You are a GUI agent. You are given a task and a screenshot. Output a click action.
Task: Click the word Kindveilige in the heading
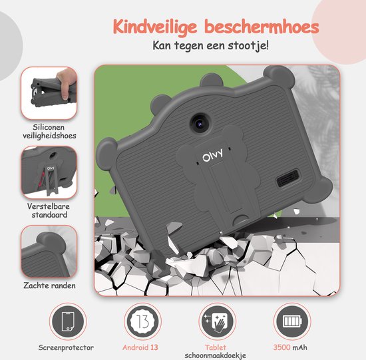pyautogui.click(x=155, y=27)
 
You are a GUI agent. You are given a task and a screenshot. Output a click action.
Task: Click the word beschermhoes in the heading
pyautogui.click(x=262, y=26)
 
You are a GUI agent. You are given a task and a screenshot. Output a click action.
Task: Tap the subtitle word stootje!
pyautogui.click(x=248, y=45)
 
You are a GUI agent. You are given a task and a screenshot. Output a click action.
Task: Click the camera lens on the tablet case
pyautogui.click(x=200, y=123)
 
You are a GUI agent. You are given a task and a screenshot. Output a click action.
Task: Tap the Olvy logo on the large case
pyautogui.click(x=212, y=155)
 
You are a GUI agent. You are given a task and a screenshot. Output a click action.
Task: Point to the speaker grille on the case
pyautogui.click(x=287, y=178)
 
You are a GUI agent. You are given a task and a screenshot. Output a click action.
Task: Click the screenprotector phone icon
pyautogui.click(x=68, y=321)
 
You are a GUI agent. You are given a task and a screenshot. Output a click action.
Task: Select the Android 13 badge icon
pyautogui.click(x=142, y=321)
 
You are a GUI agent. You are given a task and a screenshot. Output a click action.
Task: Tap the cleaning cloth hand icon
pyautogui.click(x=218, y=321)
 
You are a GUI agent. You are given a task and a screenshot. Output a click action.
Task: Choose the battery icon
pyautogui.click(x=292, y=321)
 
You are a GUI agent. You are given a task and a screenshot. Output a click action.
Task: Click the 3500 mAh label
pyautogui.click(x=290, y=347)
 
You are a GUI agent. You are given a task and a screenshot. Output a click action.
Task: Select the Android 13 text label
pyautogui.click(x=140, y=347)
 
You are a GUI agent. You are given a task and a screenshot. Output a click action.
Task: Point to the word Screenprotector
pyautogui.click(x=66, y=347)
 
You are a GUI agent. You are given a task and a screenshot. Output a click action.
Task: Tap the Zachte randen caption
pyautogui.click(x=49, y=285)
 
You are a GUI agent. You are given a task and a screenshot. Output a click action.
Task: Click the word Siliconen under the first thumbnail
pyautogui.click(x=49, y=127)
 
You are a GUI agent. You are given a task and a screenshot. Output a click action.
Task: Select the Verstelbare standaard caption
pyautogui.click(x=49, y=210)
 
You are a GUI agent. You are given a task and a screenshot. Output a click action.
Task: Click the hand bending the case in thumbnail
pyautogui.click(x=66, y=82)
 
